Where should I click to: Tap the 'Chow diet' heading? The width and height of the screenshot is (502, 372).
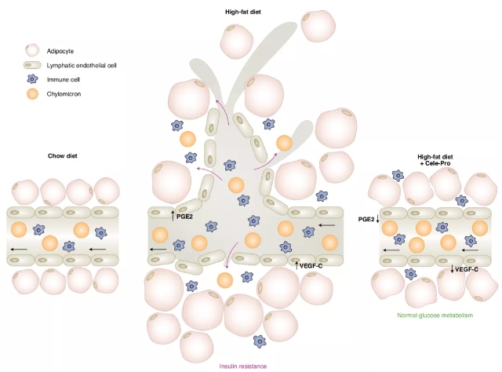point(63,155)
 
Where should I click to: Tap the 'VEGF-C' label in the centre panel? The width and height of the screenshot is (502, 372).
point(312,266)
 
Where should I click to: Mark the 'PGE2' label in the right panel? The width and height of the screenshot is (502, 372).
point(366,220)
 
